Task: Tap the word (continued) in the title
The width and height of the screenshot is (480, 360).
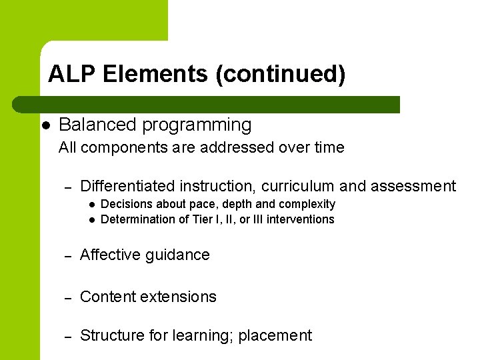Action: [280, 74]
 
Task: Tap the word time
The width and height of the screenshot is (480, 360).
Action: [328, 148]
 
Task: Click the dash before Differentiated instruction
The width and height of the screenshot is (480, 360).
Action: [67, 187]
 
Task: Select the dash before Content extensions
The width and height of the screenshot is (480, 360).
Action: [67, 297]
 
